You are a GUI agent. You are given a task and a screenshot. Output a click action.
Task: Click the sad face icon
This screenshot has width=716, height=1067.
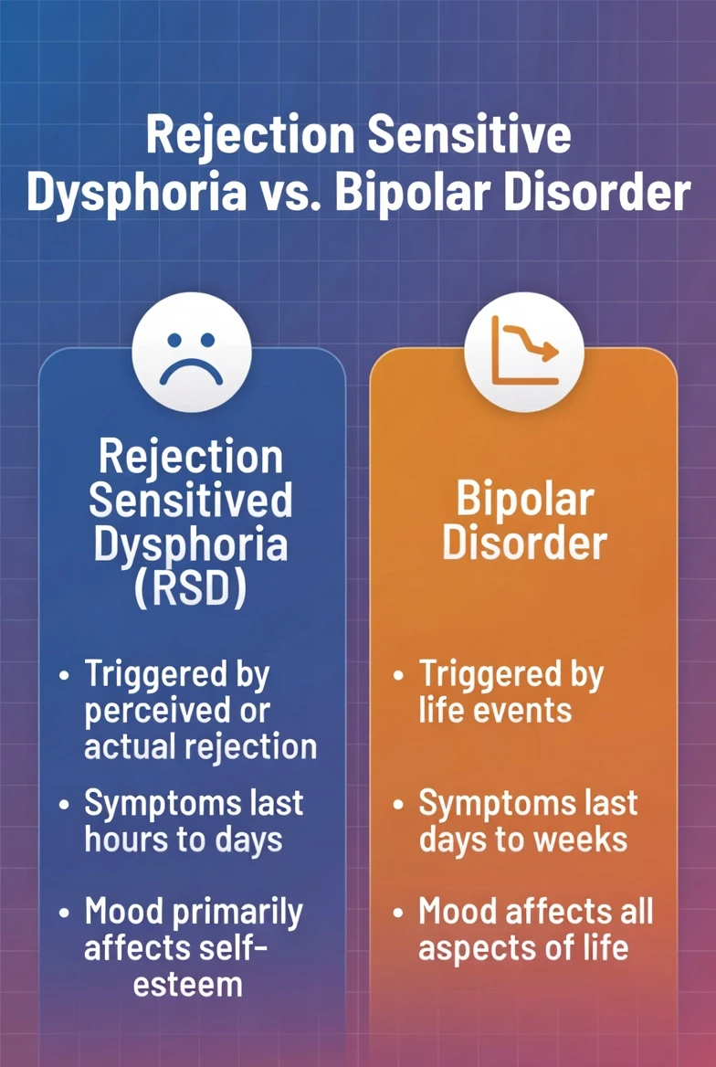point(191,352)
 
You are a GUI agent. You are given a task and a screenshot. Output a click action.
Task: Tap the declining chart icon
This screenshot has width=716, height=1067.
point(524,352)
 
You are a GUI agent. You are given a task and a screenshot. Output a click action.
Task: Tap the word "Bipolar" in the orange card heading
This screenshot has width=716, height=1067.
point(524,500)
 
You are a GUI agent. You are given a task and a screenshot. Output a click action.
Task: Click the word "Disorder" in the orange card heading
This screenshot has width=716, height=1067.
point(524,543)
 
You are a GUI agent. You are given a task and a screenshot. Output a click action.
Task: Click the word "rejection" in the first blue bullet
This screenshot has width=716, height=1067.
point(259,746)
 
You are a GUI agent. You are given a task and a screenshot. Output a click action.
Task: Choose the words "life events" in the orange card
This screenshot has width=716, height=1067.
point(495,711)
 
